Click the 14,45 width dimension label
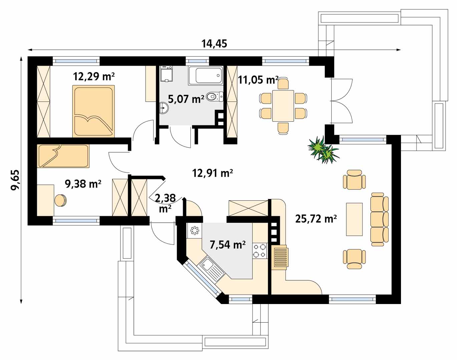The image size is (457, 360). point(214,44)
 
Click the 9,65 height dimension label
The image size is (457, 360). point(15,180)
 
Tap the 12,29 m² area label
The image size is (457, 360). point(94,76)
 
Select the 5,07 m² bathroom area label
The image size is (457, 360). point(186,99)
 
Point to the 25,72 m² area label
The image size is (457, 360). point(316,219)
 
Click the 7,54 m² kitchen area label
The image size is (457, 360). point(227,245)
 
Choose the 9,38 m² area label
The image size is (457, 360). point(83,184)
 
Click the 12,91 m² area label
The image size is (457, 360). point(212,173)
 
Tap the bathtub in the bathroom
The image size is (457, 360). point(205,76)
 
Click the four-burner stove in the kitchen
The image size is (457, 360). point(260,251)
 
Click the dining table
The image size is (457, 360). point(283,106)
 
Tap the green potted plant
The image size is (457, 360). point(323,150)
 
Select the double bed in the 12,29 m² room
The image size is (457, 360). point(93,111)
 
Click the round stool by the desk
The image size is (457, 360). point(60,200)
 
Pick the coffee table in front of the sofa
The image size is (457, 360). point(354,219)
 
